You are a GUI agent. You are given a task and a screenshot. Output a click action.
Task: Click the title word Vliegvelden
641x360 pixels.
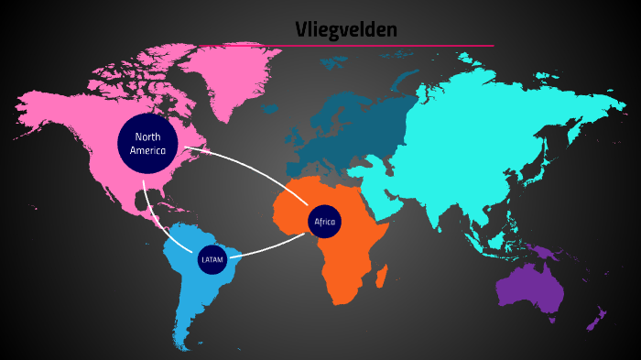click(346, 29)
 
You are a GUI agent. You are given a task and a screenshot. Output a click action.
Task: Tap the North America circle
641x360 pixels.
click(147, 143)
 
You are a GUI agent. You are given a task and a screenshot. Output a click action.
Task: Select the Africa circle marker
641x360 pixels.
click(324, 222)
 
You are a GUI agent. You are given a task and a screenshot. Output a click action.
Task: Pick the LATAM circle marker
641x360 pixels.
click(212, 260)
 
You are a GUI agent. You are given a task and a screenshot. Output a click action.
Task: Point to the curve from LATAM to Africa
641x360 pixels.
click(275, 245)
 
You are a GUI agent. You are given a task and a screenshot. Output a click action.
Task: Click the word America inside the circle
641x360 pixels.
click(147, 150)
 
